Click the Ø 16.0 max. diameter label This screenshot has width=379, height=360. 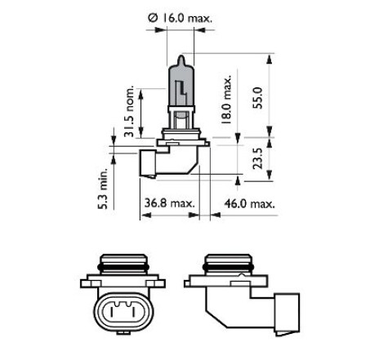(x=180, y=18)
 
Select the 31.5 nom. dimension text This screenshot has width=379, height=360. (x=129, y=111)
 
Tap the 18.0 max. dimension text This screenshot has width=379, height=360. (x=226, y=100)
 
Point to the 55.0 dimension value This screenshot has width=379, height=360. (x=257, y=98)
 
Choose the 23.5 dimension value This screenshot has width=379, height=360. (x=257, y=158)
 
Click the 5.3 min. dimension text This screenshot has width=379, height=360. (x=103, y=189)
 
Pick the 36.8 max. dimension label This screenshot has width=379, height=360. (x=170, y=203)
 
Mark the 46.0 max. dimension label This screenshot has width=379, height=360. (x=250, y=203)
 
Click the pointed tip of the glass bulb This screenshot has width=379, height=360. (x=181, y=56)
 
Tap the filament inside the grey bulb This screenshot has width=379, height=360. (x=181, y=91)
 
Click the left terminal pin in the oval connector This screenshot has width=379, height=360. (x=112, y=312)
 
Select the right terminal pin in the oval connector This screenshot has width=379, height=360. (x=133, y=312)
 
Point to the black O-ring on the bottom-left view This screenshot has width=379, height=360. (x=123, y=267)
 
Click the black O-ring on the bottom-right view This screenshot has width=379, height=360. (x=228, y=267)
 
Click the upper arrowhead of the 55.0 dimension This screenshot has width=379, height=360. (x=269, y=60)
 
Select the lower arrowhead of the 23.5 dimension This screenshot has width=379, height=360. (x=269, y=175)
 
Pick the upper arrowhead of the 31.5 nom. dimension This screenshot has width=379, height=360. (x=140, y=94)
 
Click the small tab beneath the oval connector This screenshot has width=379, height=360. (x=123, y=332)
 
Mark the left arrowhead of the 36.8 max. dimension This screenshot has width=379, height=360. (x=146, y=215)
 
